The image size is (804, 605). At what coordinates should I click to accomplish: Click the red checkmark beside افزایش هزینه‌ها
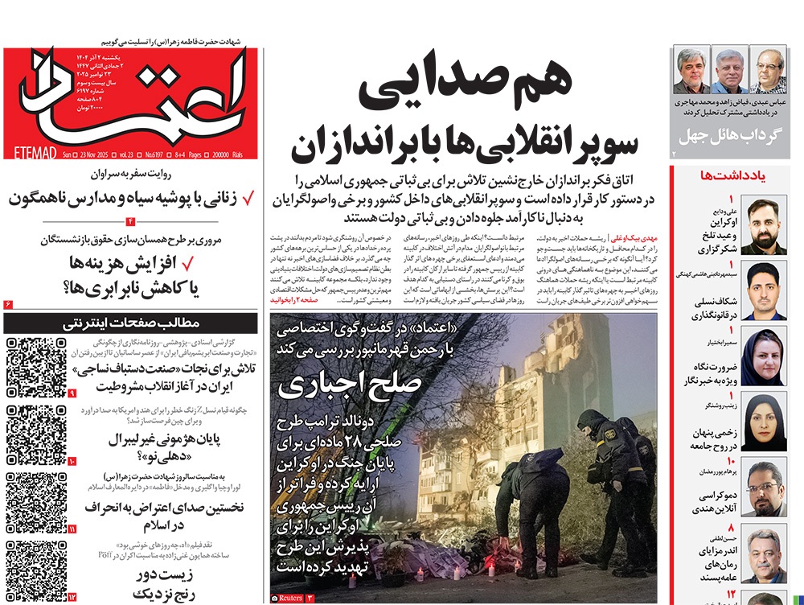click(190, 262)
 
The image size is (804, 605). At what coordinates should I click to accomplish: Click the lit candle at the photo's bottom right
click(457, 573)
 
